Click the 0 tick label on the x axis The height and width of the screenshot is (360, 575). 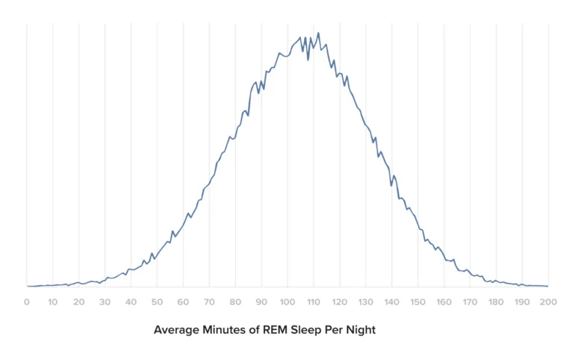27,302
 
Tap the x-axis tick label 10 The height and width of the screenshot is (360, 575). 52,302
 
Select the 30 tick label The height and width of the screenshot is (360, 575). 105,302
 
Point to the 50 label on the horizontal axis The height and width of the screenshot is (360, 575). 156,302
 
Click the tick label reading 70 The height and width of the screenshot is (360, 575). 209,302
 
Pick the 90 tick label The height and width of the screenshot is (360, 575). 261,302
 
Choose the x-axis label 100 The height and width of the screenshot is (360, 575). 287,302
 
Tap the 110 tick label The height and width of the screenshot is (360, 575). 314,302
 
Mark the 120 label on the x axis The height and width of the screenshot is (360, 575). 340,302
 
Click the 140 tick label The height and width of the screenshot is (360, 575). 392,302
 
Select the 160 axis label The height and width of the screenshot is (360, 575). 444,302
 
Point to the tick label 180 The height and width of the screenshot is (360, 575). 496,302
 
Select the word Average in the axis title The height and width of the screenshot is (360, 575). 176,330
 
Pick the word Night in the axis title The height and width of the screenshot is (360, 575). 359,330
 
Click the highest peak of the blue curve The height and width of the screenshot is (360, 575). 318,33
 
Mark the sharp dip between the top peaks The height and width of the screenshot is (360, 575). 308,60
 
